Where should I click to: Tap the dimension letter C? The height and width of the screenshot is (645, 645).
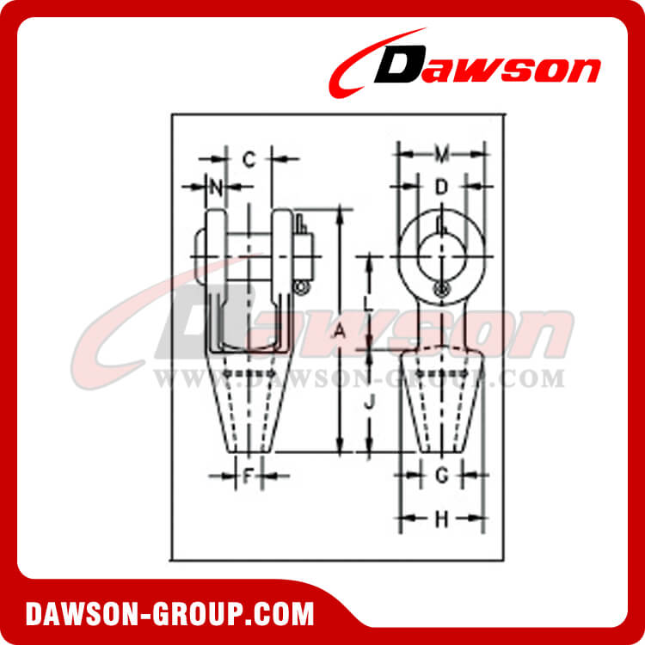pos(249,158)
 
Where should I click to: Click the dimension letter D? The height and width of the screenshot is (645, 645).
pos(441,186)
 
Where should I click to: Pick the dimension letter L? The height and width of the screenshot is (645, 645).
pos(368,303)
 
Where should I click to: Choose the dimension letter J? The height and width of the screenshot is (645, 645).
pos(368,402)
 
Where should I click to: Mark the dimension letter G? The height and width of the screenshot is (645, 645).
pos(442,475)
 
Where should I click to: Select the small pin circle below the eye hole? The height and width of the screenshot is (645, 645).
pos(441,289)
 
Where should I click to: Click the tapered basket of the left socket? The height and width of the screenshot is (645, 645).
pos(248,404)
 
